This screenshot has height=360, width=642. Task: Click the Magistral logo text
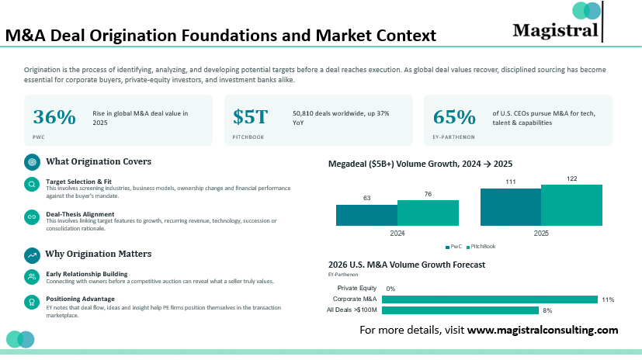click(x=555, y=31)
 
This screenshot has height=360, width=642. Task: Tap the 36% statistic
click(x=54, y=117)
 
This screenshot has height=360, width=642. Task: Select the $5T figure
click(x=250, y=117)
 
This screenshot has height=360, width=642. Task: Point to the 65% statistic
click(x=454, y=117)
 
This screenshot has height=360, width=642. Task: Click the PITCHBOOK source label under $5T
click(x=248, y=137)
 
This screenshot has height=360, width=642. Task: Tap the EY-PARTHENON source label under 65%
click(x=453, y=137)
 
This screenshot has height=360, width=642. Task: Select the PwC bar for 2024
click(x=367, y=215)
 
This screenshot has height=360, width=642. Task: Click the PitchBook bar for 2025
click(x=571, y=205)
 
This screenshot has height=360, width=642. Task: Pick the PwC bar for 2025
click(x=511, y=207)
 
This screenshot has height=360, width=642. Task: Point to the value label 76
click(x=428, y=194)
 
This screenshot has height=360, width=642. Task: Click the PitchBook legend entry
click(x=481, y=246)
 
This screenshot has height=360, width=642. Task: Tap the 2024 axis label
click(x=397, y=234)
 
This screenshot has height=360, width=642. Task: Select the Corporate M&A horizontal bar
click(x=490, y=299)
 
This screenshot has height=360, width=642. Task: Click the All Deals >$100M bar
click(x=460, y=310)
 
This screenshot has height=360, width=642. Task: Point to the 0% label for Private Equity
click(x=390, y=289)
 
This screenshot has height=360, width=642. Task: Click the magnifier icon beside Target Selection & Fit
click(x=32, y=185)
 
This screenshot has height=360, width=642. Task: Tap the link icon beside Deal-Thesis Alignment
click(x=32, y=216)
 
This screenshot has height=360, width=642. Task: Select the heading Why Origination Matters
click(x=99, y=254)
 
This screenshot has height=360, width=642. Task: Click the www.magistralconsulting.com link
click(x=543, y=330)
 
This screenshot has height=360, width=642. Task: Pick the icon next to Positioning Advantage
click(x=32, y=303)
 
